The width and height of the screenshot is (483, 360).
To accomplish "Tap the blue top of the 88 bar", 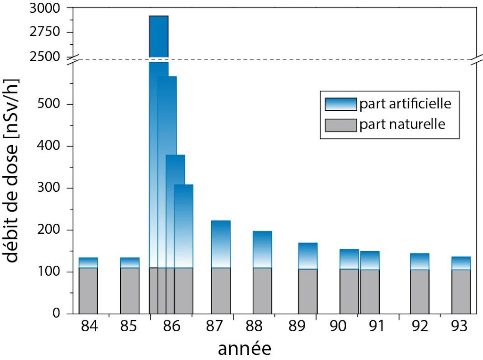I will pyautogui.click(x=262, y=249).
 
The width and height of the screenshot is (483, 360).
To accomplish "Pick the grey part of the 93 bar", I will pyautogui.click(x=461, y=292).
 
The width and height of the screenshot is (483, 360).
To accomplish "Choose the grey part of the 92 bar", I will pyautogui.click(x=419, y=292).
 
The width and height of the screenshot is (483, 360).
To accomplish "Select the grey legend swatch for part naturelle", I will pyautogui.click(x=340, y=125).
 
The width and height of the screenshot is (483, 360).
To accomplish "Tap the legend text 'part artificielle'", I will pyautogui.click(x=405, y=104).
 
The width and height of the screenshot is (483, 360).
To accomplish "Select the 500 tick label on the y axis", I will pyautogui.click(x=50, y=104).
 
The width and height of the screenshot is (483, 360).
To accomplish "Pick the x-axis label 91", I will pyautogui.click(x=376, y=326).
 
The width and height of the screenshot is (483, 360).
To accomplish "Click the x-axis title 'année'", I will pyautogui.click(x=244, y=349).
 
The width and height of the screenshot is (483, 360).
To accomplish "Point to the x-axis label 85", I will pyautogui.click(x=129, y=326).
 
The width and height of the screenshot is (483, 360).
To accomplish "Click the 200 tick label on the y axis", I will pyautogui.click(x=50, y=230).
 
